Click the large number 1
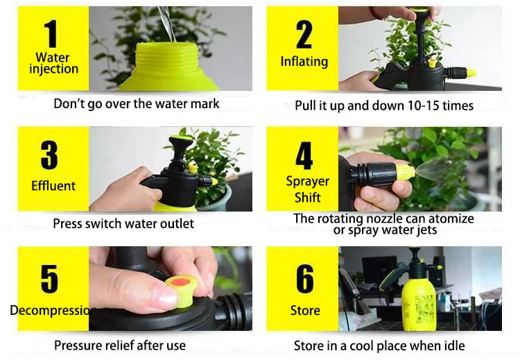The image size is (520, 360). point(51,33)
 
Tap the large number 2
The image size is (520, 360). point(304,34)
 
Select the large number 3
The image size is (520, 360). point(49,155)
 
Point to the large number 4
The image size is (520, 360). point(304,155)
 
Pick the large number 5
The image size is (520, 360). point(49,279)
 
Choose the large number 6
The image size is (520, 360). point(305,279)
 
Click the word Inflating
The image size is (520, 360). point(304,62)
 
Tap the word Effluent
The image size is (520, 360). point(53,186)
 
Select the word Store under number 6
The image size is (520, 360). point(305,311)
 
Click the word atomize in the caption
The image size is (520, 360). point(451,218)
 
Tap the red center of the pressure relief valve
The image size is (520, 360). point(179,282)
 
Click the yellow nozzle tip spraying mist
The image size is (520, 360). point(406,171)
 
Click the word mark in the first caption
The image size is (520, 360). point(205,104)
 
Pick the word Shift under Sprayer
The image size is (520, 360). point(307,198)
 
